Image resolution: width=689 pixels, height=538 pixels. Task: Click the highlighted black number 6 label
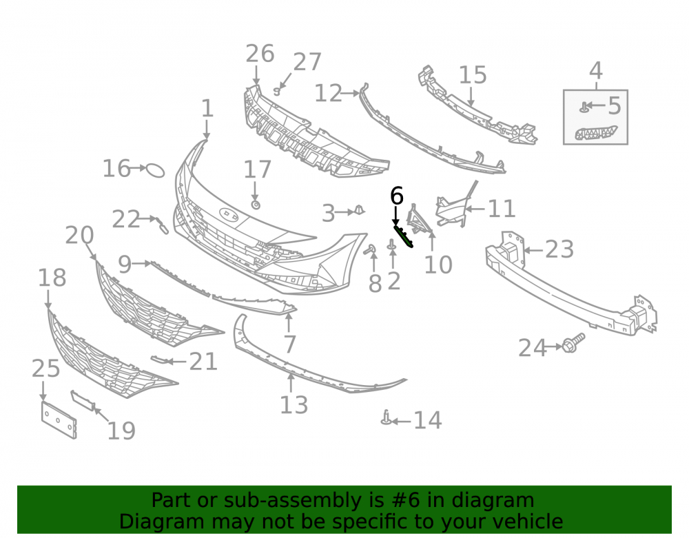pyautogui.click(x=396, y=196)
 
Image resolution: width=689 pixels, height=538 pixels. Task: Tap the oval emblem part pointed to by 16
pyautogui.click(x=155, y=170)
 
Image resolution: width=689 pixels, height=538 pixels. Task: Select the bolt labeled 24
pyautogui.click(x=573, y=342)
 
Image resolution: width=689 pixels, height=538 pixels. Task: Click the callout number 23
pyautogui.click(x=559, y=249)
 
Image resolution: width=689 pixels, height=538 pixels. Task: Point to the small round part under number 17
pyautogui.click(x=256, y=205)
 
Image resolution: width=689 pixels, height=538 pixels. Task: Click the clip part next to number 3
pyautogui.click(x=360, y=210)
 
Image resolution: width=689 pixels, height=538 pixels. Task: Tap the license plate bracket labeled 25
pyautogui.click(x=59, y=420)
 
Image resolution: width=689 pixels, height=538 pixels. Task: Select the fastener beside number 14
pyautogui.click(x=387, y=417)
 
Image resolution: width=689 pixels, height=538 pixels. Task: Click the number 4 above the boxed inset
pyautogui.click(x=595, y=70)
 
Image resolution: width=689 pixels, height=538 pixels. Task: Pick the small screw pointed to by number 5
pyautogui.click(x=584, y=107)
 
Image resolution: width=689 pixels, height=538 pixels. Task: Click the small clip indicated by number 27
pyautogui.click(x=277, y=92)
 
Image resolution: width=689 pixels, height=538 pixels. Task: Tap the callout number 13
pyautogui.click(x=294, y=404)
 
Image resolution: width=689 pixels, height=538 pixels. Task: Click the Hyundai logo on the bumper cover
pyautogui.click(x=229, y=214)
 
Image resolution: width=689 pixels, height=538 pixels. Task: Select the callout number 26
pyautogui.click(x=260, y=54)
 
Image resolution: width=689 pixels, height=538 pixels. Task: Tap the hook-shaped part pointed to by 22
pyautogui.click(x=161, y=225)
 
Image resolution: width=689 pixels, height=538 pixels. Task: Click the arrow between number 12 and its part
pyautogui.click(x=350, y=93)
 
